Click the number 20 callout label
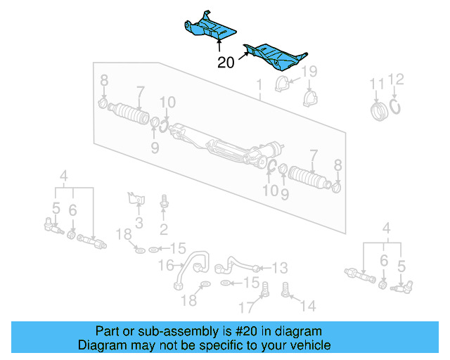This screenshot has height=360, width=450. (x=226, y=63)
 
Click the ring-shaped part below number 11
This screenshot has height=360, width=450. (x=379, y=110)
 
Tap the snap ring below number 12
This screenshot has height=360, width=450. (x=397, y=106)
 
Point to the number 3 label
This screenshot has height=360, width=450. (x=139, y=224)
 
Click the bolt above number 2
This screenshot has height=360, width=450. (x=163, y=202)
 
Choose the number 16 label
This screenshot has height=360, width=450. (x=165, y=266)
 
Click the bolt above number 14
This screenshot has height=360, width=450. (x=286, y=288)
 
